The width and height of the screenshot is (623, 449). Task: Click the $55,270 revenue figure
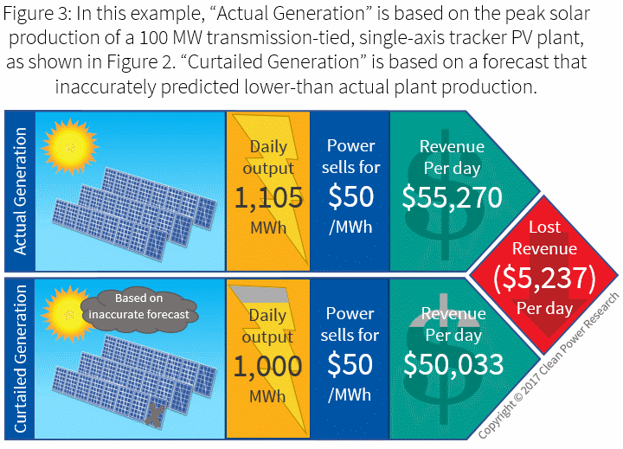(x=453, y=197)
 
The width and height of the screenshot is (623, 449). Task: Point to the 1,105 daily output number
(x=268, y=198)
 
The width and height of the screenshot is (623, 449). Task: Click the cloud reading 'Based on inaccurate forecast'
(x=139, y=308)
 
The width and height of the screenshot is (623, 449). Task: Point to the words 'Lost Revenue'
(x=544, y=238)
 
